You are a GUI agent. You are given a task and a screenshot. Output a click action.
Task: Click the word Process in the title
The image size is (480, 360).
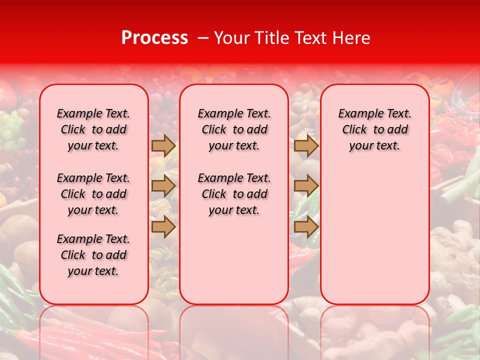coord(154,38)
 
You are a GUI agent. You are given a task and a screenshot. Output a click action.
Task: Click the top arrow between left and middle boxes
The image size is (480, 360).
coord(163,145)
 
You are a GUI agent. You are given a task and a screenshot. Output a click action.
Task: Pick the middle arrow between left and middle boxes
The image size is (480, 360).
coord(163,186)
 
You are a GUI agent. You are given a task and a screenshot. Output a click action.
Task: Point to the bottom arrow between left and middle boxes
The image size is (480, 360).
coord(163,226)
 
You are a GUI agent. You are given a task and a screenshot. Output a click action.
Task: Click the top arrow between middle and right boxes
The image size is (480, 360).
coord(306,145)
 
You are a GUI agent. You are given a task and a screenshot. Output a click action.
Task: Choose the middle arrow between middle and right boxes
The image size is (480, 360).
coord(306,186)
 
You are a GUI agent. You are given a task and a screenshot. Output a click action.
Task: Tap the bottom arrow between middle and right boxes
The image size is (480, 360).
coord(306,226)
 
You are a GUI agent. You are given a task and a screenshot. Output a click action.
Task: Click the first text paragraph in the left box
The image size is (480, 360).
coord(93,129)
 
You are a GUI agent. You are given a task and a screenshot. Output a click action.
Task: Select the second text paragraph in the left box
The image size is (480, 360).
coord(93,194)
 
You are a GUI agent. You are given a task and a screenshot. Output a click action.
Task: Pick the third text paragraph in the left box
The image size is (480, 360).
coord(93,255)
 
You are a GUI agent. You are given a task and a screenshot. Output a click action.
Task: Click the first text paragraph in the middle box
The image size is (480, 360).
coord(234,129)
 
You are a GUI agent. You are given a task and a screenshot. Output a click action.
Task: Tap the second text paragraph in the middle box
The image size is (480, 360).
coord(234,194)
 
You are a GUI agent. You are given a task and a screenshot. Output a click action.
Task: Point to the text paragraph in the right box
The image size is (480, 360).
coord(375,129)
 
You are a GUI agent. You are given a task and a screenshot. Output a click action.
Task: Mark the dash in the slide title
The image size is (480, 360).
coord(202,38)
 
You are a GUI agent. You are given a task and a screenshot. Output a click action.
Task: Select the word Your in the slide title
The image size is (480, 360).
coord(232,38)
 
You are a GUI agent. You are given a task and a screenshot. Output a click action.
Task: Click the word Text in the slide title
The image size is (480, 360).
coord(312,38)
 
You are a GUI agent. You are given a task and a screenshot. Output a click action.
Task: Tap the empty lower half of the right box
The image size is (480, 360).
coord(375,240)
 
